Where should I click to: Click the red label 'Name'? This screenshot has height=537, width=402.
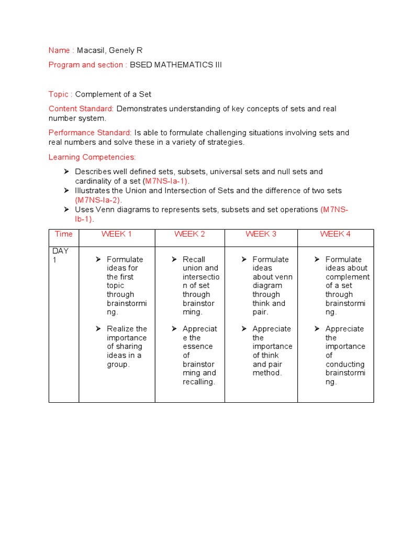[x=59, y=50]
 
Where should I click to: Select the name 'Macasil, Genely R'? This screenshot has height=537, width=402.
[x=109, y=50]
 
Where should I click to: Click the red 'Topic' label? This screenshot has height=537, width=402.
[x=58, y=94]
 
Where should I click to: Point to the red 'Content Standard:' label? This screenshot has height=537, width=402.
[x=81, y=109]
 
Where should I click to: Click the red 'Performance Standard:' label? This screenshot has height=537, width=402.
[x=90, y=133]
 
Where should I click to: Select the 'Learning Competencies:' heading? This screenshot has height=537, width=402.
[x=92, y=157]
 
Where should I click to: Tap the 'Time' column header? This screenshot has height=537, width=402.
[x=64, y=234]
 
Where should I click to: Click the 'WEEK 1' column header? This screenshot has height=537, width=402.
[x=117, y=234]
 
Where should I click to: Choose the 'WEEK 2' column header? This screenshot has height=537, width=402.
[x=189, y=234]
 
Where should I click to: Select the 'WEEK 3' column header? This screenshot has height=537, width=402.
[x=261, y=234]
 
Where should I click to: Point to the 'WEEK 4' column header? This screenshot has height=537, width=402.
[x=336, y=234]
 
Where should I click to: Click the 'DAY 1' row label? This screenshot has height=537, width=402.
[x=60, y=255]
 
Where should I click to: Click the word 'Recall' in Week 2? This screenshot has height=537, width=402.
[x=194, y=260]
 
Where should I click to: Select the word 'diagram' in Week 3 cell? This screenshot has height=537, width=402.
[x=267, y=286]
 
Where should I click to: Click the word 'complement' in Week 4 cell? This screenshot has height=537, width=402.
[x=348, y=277]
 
